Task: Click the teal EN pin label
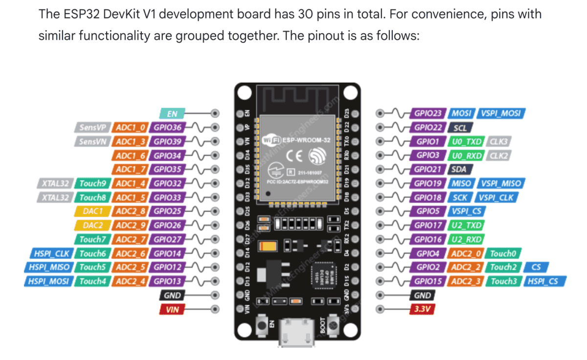[x=172, y=113]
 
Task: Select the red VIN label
[x=171, y=310]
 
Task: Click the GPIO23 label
[x=428, y=113]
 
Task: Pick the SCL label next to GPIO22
[x=460, y=128]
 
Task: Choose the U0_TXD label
[x=466, y=142]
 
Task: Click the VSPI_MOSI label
[x=500, y=113]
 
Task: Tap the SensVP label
[x=92, y=128]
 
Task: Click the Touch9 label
[x=92, y=184]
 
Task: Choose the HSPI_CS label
[x=544, y=282]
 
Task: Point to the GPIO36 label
[x=167, y=128]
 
